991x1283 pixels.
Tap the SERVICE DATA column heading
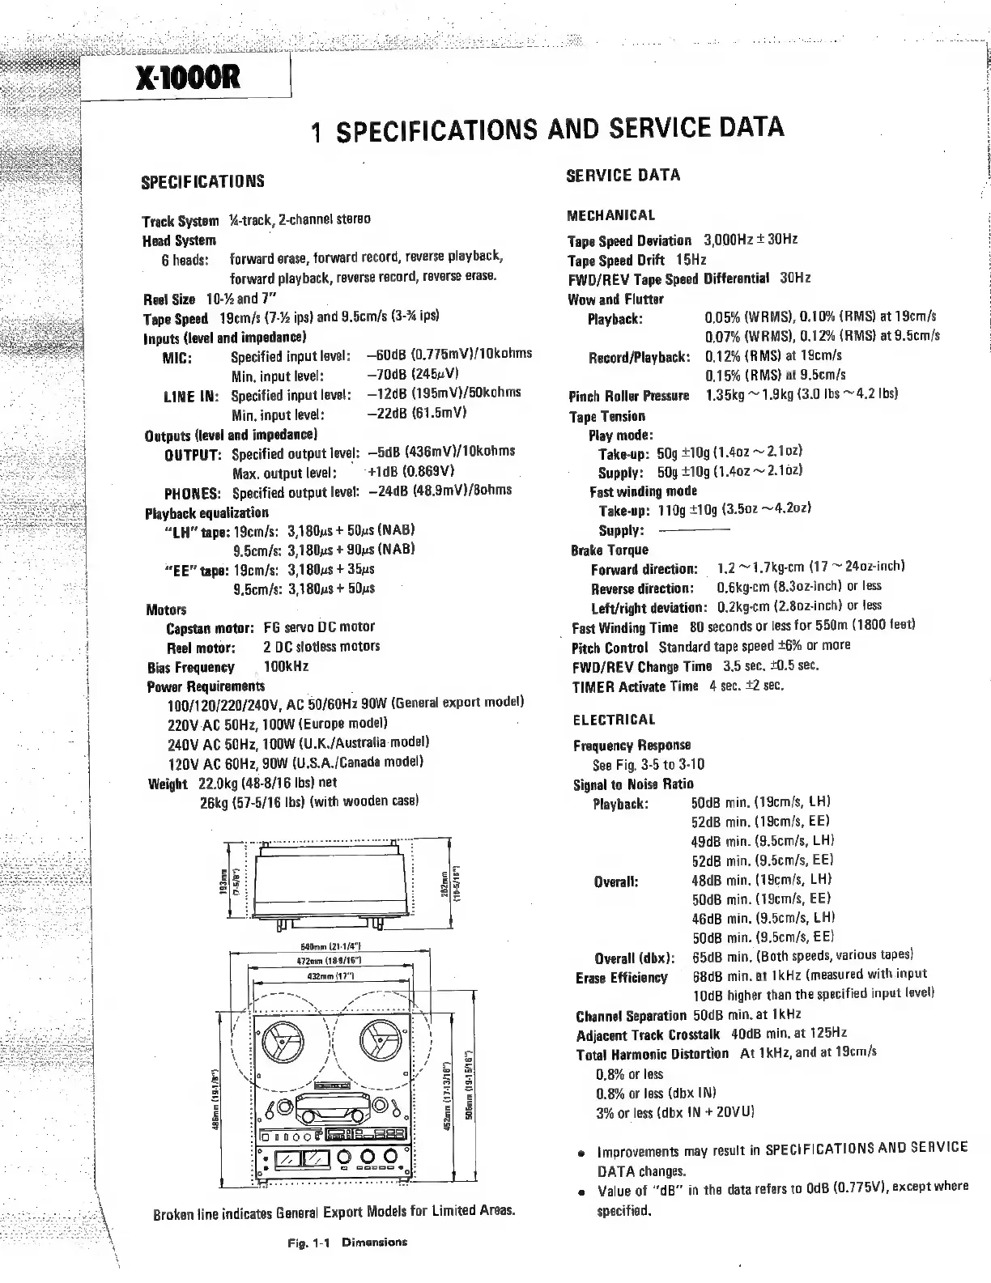[x=623, y=176]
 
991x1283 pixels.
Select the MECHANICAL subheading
[x=611, y=215]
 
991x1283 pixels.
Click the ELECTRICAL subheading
[x=614, y=720]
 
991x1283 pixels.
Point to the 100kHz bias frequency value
[x=286, y=667]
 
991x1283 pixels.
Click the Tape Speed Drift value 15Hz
[x=691, y=260]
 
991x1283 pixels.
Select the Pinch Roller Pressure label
[x=628, y=396]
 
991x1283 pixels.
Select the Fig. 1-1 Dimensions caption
[x=347, y=1242]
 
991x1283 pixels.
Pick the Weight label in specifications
[x=168, y=784]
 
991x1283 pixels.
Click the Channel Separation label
[x=631, y=1016]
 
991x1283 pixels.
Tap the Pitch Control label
[x=610, y=648]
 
